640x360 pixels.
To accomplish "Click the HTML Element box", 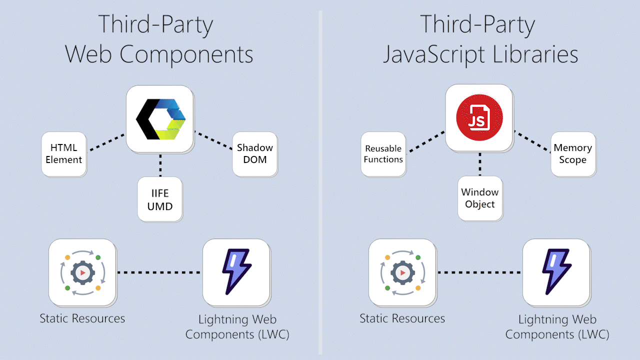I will [x=63, y=154].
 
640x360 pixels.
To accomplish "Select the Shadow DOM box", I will [x=254, y=154].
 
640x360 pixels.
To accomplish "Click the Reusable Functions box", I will [x=383, y=154].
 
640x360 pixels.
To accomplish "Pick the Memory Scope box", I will [x=573, y=154].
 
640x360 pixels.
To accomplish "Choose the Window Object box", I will [x=479, y=198].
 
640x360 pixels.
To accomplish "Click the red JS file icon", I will [x=479, y=118].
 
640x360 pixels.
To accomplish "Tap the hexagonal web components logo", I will [x=160, y=119].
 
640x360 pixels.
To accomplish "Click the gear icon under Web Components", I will [x=82, y=272].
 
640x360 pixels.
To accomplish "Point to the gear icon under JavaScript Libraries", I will [x=402, y=272].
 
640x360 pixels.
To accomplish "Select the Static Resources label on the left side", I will [x=82, y=318].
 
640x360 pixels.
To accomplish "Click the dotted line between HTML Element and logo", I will [x=106, y=142].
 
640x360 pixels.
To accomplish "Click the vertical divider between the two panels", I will [x=320, y=180].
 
